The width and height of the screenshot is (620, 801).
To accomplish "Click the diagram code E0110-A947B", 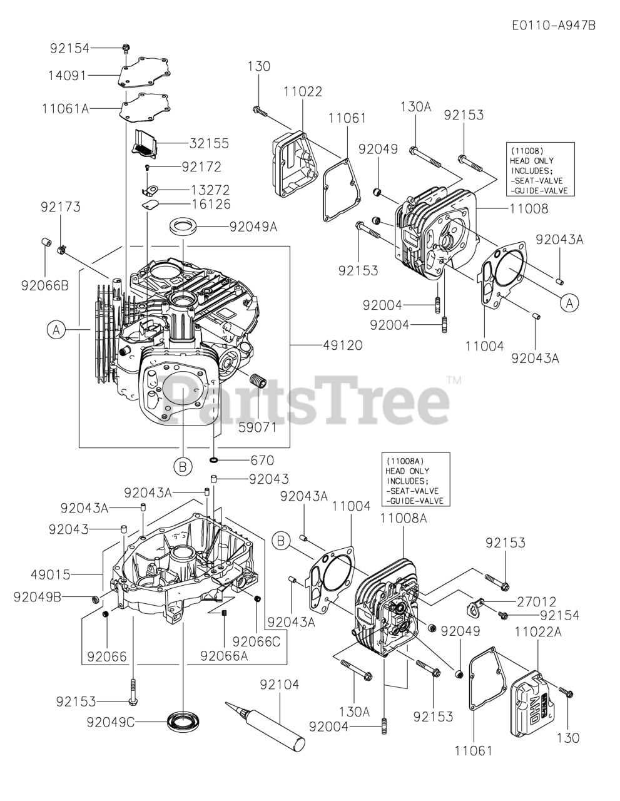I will click(x=553, y=25).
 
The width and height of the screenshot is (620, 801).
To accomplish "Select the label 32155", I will click(x=209, y=143).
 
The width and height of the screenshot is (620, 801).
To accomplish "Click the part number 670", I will click(x=262, y=461).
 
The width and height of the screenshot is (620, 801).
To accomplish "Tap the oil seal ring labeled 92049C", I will click(x=183, y=720).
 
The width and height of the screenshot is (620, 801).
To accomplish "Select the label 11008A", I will click(x=403, y=518).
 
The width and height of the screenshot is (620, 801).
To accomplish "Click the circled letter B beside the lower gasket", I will click(x=282, y=540).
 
